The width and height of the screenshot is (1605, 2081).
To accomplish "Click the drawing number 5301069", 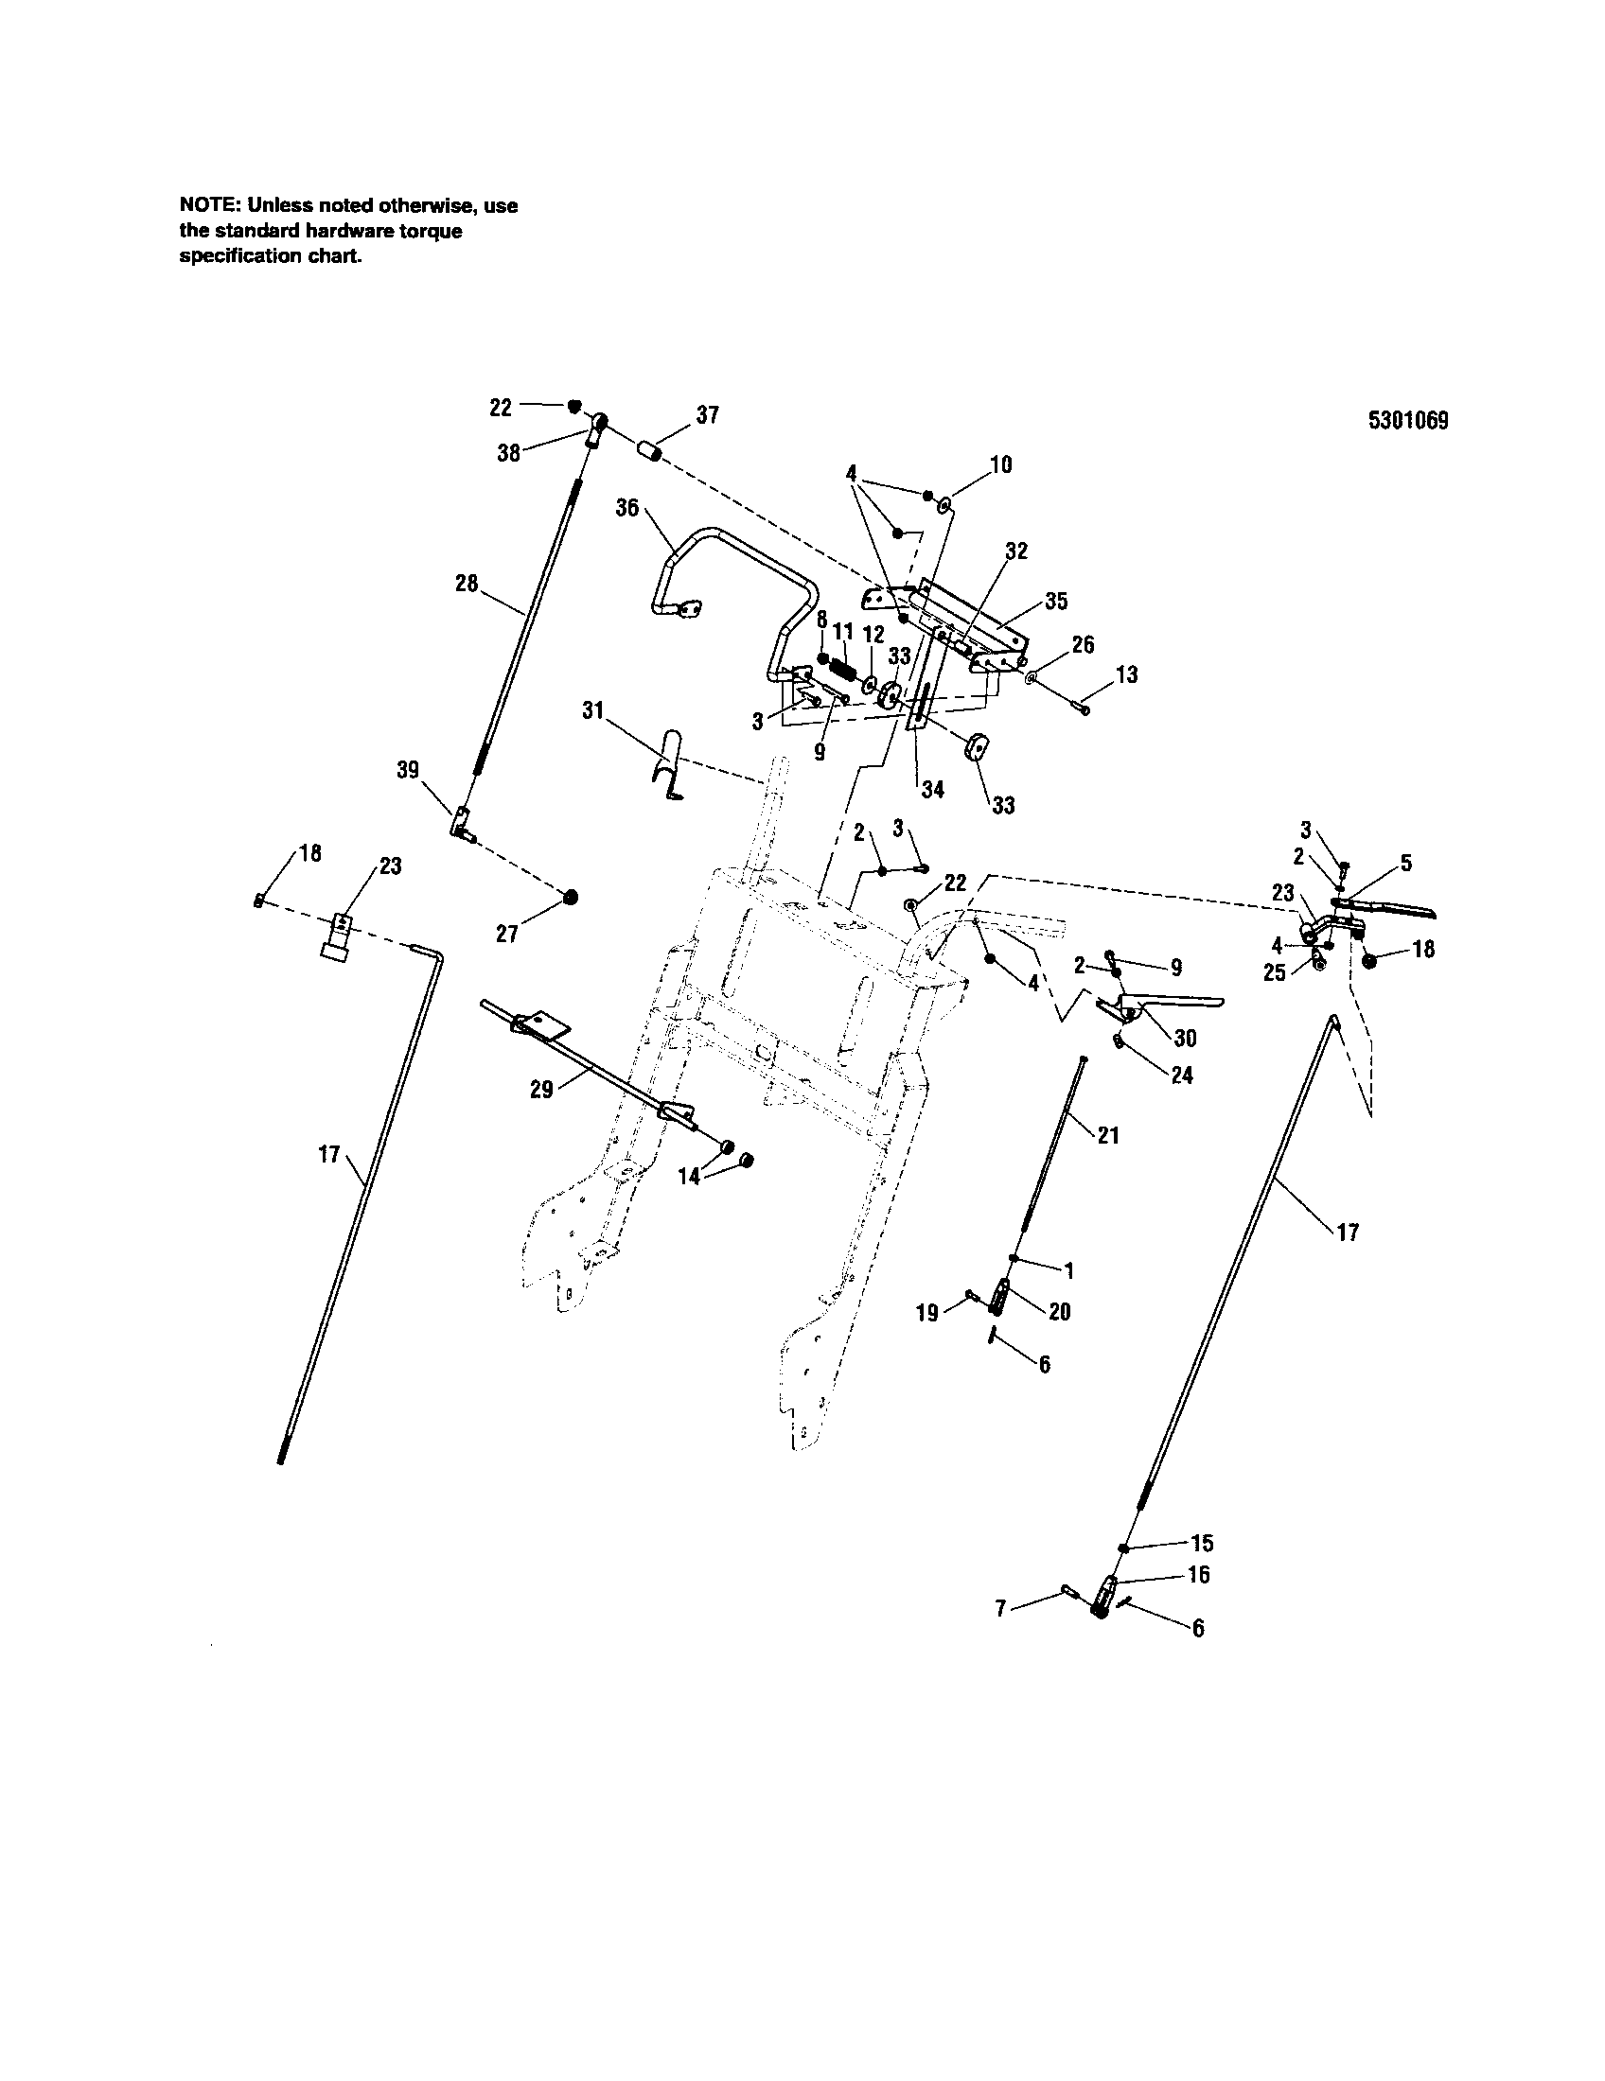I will coord(1408,421).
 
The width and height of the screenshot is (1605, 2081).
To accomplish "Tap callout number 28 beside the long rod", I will coord(466,583).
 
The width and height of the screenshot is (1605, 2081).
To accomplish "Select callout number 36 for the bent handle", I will coord(627,508).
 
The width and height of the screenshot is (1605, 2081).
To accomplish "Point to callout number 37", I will coord(707,415).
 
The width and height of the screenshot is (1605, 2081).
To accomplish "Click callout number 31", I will coord(592,709).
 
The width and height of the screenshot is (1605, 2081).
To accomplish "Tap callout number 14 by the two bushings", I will coord(688,1177).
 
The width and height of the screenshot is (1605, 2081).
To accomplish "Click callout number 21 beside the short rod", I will coord(1107,1136).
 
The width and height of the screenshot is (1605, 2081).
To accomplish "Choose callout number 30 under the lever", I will coord(1185,1038).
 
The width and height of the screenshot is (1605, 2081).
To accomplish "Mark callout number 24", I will coord(1182,1075).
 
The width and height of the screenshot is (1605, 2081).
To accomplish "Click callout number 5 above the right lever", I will coord(1406,865).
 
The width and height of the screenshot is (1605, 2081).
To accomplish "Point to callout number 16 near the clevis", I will coord(1199,1574).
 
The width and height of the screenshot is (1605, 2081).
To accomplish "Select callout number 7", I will coord(999,1608).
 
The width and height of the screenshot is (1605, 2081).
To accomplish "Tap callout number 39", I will coord(408,770).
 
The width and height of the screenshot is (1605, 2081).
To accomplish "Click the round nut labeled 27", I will coord(571,898).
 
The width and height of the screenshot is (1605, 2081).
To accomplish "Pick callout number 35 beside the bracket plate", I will coord(1056,602).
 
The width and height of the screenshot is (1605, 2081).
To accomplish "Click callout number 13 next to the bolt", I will coord(1126,674).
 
